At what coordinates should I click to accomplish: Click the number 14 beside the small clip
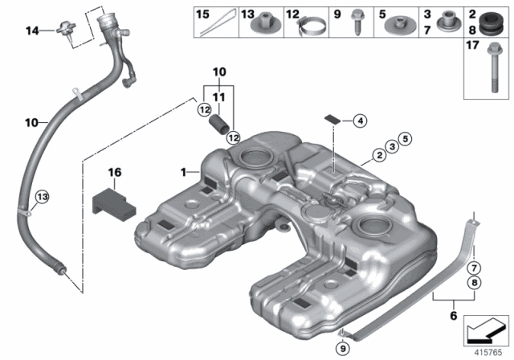click(31, 31)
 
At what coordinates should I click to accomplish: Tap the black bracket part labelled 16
click(114, 199)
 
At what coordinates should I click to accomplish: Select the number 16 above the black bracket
click(115, 172)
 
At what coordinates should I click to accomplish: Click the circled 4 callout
click(360, 121)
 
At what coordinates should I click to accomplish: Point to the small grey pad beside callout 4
click(330, 117)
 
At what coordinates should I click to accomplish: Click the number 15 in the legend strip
click(203, 14)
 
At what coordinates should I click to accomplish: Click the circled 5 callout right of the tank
click(406, 138)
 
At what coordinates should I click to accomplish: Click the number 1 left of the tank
click(183, 171)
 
